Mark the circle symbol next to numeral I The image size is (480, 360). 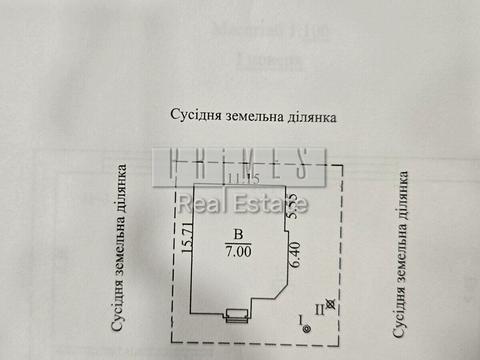pyautogui.click(x=308, y=327)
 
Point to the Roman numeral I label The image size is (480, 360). pyautogui.click(x=299, y=319)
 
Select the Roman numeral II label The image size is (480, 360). pyautogui.click(x=332, y=310)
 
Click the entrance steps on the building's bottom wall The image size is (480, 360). pyautogui.click(x=235, y=315)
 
